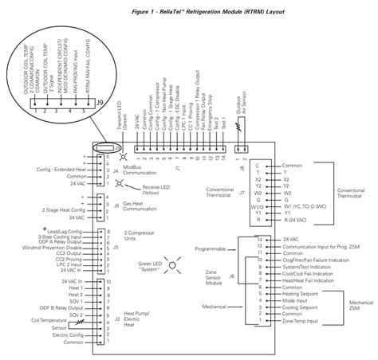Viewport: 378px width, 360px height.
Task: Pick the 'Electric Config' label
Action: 59,335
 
